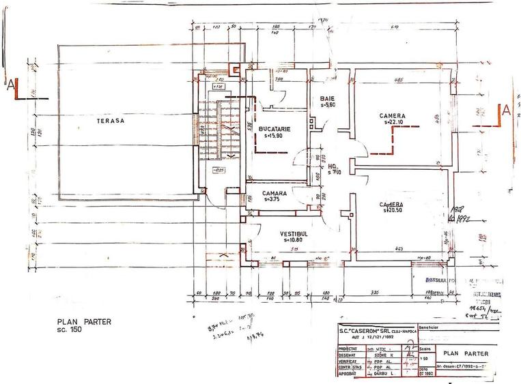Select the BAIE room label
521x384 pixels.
coord(328,98)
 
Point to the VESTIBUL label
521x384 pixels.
coord(294,233)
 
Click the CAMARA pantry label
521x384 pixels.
coord(274,193)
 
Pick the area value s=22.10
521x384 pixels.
coord(393,123)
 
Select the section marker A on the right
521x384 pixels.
coord(506,109)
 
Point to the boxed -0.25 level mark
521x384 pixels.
coord(219,171)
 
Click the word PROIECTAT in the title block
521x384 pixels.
coord(351,348)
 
